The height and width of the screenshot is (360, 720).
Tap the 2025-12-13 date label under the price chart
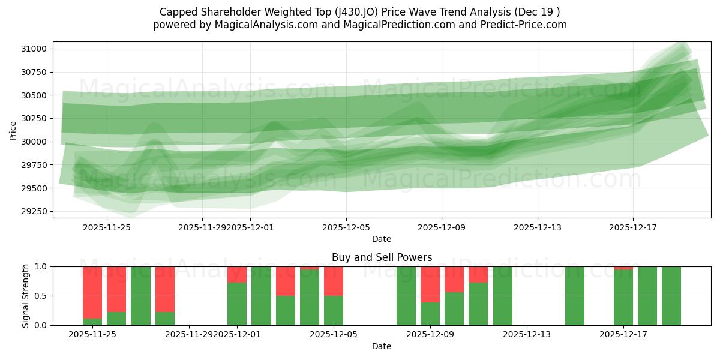tap(538, 227)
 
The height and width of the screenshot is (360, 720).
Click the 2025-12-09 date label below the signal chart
tap(430, 334)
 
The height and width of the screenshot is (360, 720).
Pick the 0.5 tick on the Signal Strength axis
tap(42, 296)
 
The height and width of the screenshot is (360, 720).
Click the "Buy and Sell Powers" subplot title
tap(382, 257)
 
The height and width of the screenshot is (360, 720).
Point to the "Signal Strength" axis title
tap(25, 296)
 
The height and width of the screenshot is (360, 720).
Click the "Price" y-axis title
tap(13, 130)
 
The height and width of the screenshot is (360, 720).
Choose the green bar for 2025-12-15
tap(575, 296)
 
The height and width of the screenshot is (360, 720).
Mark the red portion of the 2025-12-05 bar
tap(334, 281)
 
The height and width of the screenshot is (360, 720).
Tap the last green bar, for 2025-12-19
tap(671, 296)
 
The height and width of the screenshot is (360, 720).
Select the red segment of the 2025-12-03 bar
tap(286, 281)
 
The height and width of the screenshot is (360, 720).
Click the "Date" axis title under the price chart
tap(382, 239)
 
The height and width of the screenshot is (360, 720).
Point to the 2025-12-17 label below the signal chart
tap(623, 334)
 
